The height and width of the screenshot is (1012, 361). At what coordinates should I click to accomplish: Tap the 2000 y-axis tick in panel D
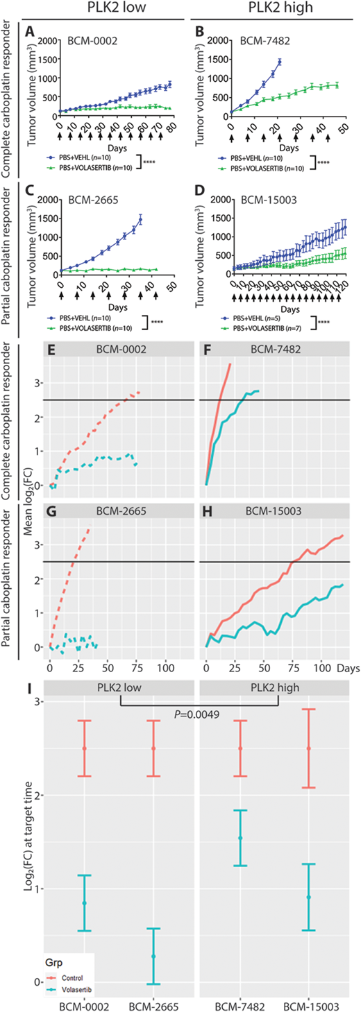[217, 200]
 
